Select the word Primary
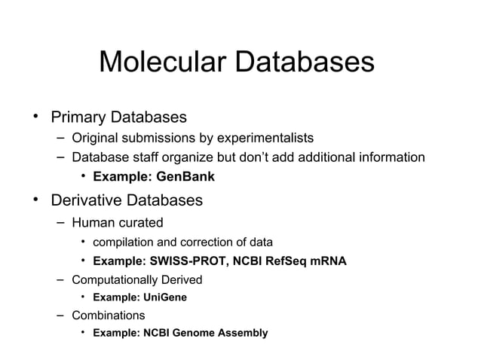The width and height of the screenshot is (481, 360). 78,118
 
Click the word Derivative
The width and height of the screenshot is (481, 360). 86,201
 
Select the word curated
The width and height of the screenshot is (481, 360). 138,223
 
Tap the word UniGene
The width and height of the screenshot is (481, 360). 164,297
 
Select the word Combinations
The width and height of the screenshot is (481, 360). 108,315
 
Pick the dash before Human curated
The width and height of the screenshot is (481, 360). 60,223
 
